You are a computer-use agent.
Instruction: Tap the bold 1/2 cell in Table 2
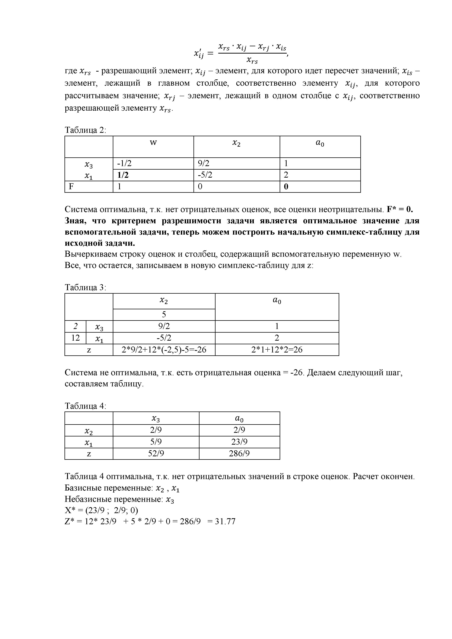123,175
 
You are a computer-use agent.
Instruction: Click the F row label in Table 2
71,187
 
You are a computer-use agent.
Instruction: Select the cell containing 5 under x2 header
164,314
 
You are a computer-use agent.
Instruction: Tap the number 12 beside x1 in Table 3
75,338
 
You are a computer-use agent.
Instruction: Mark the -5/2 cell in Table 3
164,338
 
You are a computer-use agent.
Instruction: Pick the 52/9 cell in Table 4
156,454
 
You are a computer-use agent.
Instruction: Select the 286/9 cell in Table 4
239,454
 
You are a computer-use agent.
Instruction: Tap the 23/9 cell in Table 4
239,442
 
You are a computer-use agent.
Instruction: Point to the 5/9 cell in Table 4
156,442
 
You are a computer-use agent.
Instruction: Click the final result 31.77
225,521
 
